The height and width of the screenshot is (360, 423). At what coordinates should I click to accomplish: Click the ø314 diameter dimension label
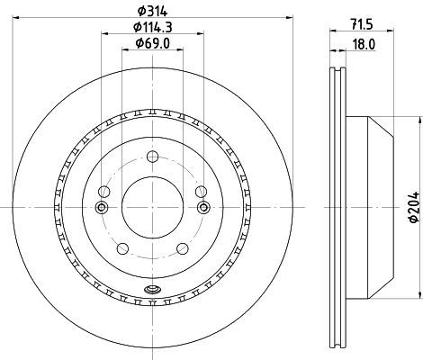[x=152, y=11]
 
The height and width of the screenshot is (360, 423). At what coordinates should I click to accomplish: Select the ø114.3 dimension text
[x=153, y=27]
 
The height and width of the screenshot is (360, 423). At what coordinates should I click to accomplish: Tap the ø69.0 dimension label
[x=153, y=43]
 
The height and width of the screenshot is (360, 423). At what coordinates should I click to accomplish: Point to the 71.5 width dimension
[x=362, y=24]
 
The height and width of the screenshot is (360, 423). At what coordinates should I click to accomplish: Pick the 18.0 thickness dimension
[x=364, y=45]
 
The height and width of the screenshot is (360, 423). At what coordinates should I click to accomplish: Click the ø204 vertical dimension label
[x=414, y=207]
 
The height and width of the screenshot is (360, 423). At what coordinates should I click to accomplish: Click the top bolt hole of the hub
[x=152, y=157]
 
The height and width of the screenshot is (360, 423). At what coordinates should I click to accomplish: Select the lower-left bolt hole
[x=122, y=248]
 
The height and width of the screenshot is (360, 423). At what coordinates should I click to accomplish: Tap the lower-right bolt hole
[x=183, y=248]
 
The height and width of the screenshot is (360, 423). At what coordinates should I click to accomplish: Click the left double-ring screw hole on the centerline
[x=102, y=207]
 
